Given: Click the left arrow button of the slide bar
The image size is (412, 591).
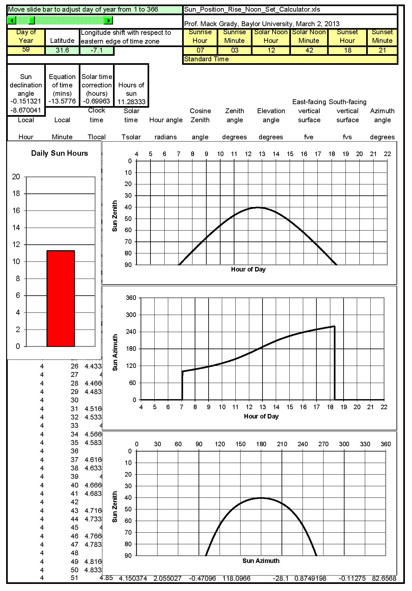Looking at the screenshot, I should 11,21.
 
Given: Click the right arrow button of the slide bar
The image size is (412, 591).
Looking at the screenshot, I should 108,21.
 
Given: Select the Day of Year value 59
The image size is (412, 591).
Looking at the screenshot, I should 26,50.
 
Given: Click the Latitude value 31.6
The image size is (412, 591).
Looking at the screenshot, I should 62,50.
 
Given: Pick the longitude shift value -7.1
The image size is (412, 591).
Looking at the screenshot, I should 97,50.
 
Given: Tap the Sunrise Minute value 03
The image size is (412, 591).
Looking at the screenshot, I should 235,50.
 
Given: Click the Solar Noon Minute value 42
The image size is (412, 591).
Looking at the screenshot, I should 309,50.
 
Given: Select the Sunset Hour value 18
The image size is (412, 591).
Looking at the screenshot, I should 347,50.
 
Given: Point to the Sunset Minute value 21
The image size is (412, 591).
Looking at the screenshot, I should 382,50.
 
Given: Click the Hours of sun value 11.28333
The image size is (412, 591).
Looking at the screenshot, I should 131,102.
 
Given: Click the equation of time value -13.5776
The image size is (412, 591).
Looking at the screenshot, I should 62,101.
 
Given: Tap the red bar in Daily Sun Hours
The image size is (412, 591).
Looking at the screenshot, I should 61,298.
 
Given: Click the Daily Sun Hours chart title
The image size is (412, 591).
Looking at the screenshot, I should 59,153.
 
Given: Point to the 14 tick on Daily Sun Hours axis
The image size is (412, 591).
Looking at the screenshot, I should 16,228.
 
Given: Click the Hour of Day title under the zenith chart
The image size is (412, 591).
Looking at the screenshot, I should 248,269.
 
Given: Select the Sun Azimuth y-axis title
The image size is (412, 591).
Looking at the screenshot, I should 115,352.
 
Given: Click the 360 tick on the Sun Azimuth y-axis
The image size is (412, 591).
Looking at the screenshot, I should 131,298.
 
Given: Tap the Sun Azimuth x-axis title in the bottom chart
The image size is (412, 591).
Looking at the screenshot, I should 261,561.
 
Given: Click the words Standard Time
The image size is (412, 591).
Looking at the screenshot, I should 206,59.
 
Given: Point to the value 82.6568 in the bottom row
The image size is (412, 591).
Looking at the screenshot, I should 384,578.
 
